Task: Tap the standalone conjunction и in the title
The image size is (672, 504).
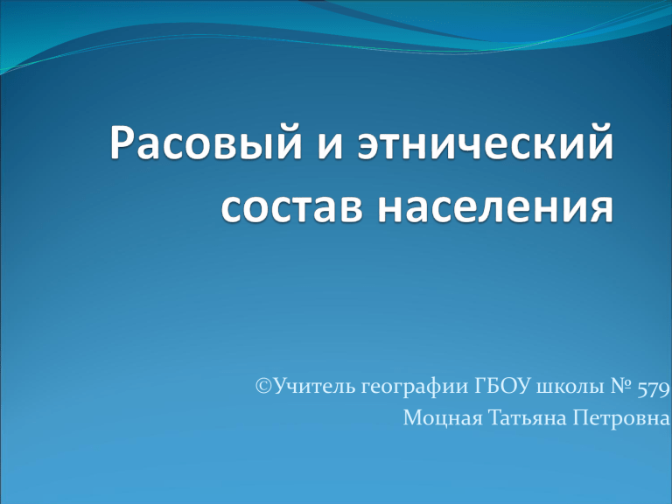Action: point(331,147)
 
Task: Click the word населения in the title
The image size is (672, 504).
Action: point(496,209)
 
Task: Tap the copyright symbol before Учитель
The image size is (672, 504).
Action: point(264,386)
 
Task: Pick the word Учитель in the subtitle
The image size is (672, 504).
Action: point(315,386)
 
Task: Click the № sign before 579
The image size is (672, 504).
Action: point(620,386)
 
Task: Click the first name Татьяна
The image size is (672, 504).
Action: point(527,418)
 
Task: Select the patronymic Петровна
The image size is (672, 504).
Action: point(621,418)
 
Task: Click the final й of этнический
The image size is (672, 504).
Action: point(602,141)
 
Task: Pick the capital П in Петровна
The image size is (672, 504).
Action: point(581,418)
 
